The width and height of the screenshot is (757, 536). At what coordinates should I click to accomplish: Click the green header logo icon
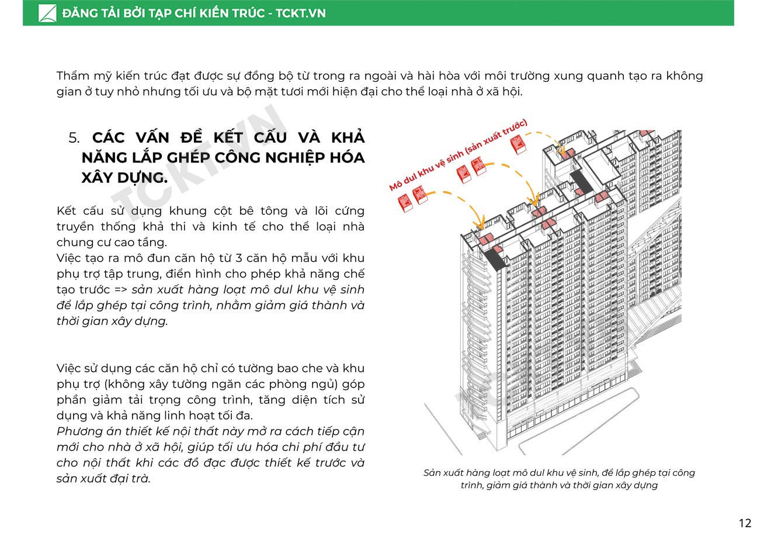[47, 13]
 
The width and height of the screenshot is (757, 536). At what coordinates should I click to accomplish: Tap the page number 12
[745, 523]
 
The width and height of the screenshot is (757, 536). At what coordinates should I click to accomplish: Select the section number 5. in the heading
[74, 138]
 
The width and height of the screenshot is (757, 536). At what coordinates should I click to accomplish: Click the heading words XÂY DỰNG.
[124, 178]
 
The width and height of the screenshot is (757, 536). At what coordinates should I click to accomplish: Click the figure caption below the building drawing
[559, 479]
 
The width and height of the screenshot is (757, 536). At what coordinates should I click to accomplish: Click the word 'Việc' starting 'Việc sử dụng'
[70, 368]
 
